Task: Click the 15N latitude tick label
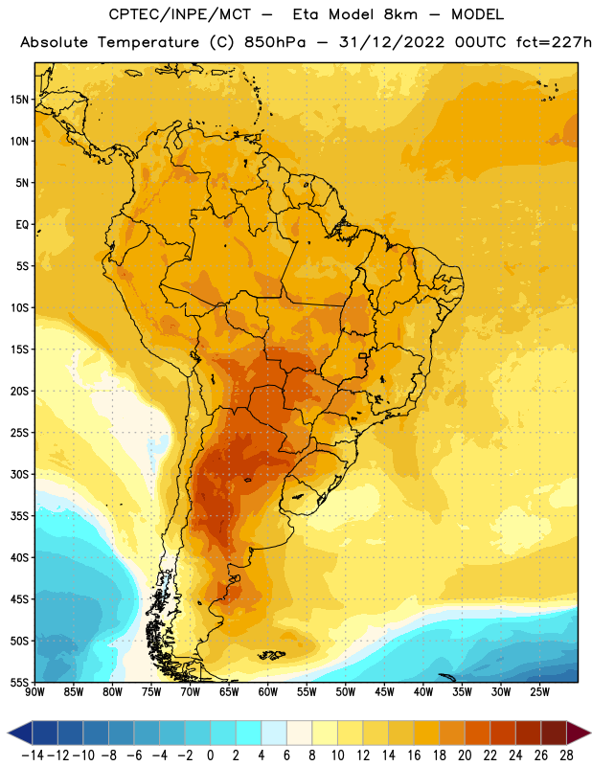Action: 19,100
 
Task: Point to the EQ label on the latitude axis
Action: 22,225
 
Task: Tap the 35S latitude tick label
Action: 19,516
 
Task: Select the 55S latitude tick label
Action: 19,683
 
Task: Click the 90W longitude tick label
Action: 34,692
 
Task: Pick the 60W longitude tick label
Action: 268,692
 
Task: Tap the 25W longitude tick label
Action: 540,692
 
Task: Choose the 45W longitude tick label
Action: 385,692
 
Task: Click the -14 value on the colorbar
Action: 33,755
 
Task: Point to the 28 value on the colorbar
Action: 566,755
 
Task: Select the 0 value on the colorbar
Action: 211,755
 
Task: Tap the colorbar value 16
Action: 414,755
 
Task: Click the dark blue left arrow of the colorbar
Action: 20,732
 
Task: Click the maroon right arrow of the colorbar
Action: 579,732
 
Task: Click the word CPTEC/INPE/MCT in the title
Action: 180,14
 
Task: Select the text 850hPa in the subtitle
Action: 275,42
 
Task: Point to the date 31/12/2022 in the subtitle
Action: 392,42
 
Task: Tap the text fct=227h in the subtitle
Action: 554,42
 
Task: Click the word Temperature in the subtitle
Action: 148,43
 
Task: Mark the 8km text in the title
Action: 400,14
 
